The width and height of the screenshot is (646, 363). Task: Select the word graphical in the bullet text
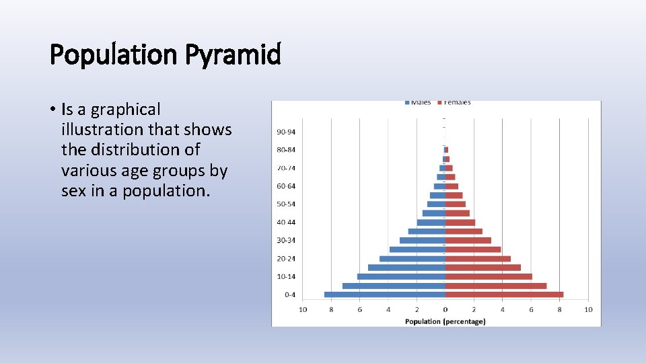pyautogui.click(x=126, y=109)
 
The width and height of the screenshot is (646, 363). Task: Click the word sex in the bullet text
pyautogui.click(x=73, y=190)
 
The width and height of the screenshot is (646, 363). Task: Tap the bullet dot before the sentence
pyautogui.click(x=52, y=110)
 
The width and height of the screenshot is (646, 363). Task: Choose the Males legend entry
pyautogui.click(x=418, y=103)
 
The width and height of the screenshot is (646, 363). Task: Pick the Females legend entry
pyautogui.click(x=455, y=103)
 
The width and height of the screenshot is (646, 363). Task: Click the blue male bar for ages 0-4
pyautogui.click(x=384, y=294)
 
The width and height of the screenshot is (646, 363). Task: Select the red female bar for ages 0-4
pyautogui.click(x=504, y=294)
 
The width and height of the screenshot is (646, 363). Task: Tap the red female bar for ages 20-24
pyautogui.click(x=478, y=259)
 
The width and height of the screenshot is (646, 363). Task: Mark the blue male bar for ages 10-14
pyautogui.click(x=401, y=276)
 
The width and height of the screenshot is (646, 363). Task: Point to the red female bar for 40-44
pyautogui.click(x=460, y=223)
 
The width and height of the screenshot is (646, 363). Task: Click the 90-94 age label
pyautogui.click(x=285, y=131)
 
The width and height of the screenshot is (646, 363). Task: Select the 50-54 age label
pyautogui.click(x=285, y=204)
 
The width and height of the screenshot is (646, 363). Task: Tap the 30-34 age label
pyautogui.click(x=285, y=240)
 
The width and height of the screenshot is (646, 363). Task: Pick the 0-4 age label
pyautogui.click(x=289, y=294)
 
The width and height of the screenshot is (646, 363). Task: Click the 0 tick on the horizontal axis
pyautogui.click(x=445, y=309)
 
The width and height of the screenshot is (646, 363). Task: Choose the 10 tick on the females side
pyautogui.click(x=587, y=309)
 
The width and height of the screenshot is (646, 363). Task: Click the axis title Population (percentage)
pyautogui.click(x=445, y=321)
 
